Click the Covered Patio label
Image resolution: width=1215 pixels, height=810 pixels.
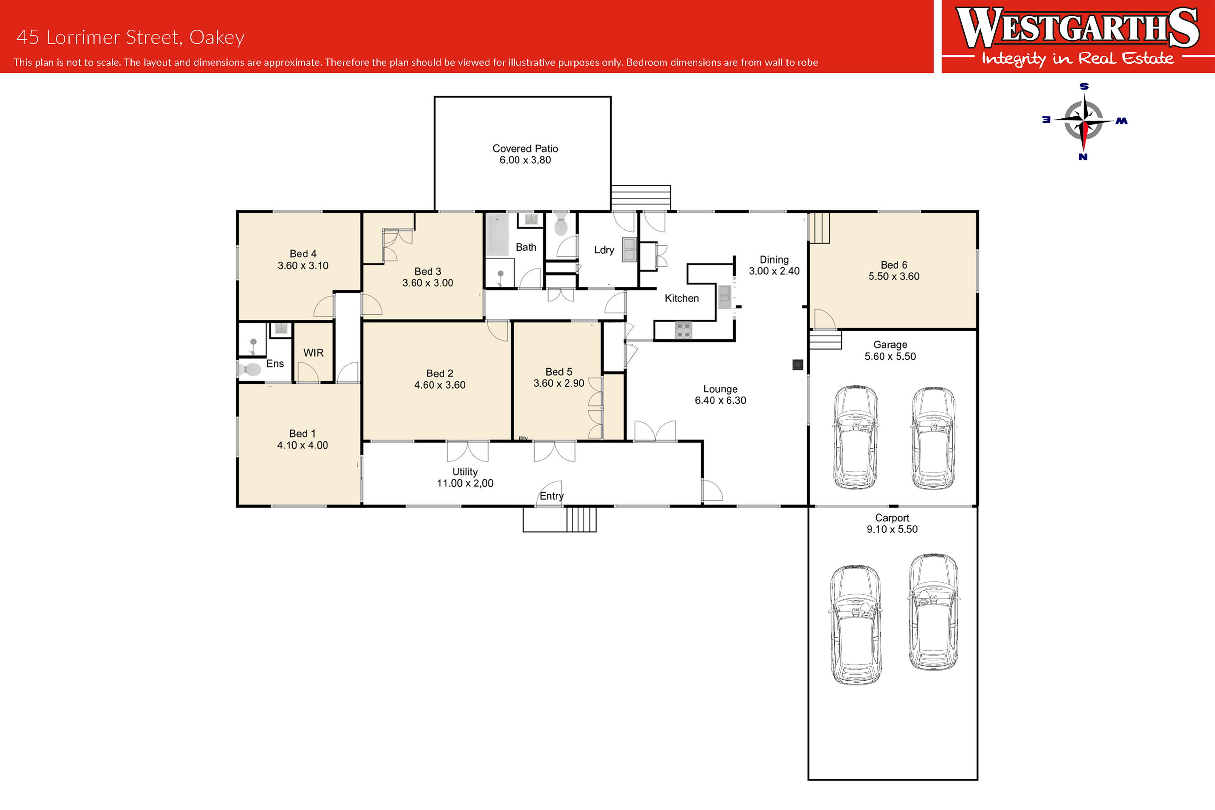525,149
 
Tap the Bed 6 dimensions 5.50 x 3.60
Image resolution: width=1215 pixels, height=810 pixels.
894,276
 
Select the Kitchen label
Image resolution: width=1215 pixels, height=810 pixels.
682,298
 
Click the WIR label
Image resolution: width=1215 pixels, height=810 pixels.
313,353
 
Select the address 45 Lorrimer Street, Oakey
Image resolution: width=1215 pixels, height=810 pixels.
131,37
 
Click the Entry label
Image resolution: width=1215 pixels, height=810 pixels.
552,496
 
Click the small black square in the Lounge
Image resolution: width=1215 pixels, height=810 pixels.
798,365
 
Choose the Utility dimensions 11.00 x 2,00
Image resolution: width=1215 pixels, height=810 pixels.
465,483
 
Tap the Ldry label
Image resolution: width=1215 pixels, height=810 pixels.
604,250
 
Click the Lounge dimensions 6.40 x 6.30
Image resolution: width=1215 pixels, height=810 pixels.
720,400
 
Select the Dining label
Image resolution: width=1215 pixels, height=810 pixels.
774,259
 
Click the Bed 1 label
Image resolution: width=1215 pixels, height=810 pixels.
302,434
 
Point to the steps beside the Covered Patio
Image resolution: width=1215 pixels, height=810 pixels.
641,198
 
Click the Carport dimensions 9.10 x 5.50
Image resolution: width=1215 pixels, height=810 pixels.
892,529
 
